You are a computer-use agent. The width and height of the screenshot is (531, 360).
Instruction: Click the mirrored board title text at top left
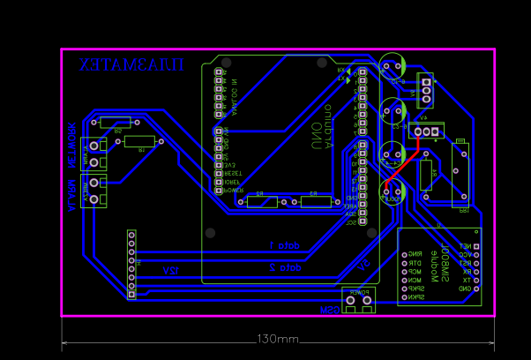(x=131, y=65)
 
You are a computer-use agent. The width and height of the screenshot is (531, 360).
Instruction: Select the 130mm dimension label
(x=278, y=339)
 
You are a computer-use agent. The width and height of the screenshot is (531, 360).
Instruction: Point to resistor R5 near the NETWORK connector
(x=116, y=123)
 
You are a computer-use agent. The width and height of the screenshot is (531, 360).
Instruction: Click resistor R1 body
(x=139, y=141)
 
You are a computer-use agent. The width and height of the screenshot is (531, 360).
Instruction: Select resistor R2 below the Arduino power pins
(x=262, y=201)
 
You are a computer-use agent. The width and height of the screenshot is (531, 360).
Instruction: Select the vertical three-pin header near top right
(x=427, y=88)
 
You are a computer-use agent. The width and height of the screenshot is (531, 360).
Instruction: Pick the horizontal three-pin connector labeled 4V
(x=426, y=132)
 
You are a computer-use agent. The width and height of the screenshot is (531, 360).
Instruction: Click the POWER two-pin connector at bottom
(x=359, y=300)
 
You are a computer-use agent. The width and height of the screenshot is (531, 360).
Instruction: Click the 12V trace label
(x=170, y=270)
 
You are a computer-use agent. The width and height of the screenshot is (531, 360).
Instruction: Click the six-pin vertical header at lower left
(x=131, y=264)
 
